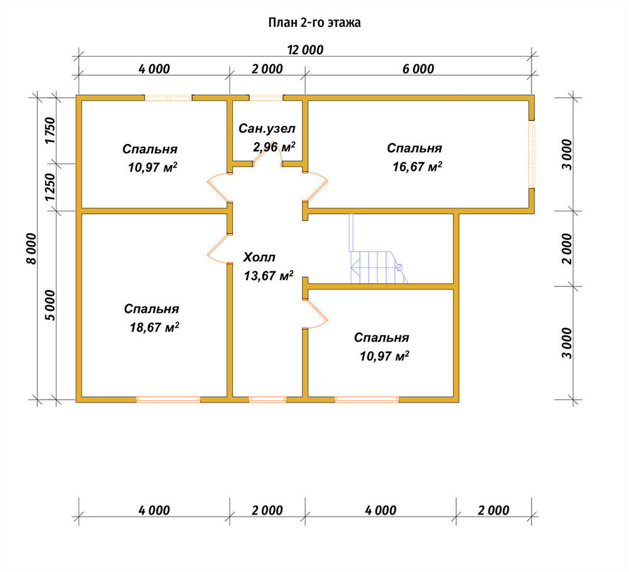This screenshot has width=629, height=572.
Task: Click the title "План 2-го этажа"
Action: click(x=314, y=23)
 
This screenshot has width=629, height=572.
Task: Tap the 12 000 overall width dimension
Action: click(x=305, y=50)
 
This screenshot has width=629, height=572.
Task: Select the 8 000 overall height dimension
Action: click(x=31, y=249)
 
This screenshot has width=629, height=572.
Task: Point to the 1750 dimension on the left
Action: click(x=50, y=130)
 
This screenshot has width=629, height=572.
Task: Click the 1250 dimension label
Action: click(x=50, y=188)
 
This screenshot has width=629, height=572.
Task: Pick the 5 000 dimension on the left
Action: click(x=51, y=305)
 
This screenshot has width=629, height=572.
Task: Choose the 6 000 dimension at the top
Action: click(x=418, y=69)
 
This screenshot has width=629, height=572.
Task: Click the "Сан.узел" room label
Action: click(x=267, y=128)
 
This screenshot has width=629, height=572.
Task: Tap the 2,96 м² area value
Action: click(x=274, y=147)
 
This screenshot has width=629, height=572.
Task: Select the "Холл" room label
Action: click(x=259, y=257)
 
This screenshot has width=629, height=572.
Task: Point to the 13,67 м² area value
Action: click(x=269, y=276)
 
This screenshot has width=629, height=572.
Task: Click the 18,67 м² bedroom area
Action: click(x=154, y=327)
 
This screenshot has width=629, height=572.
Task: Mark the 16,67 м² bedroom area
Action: click(x=417, y=166)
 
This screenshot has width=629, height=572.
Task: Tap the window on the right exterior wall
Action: click(x=532, y=154)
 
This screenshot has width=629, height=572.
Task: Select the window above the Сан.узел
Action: click(x=266, y=98)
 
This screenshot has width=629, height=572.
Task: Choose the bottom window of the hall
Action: click(x=267, y=400)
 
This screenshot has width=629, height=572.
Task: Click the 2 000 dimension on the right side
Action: click(x=567, y=249)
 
